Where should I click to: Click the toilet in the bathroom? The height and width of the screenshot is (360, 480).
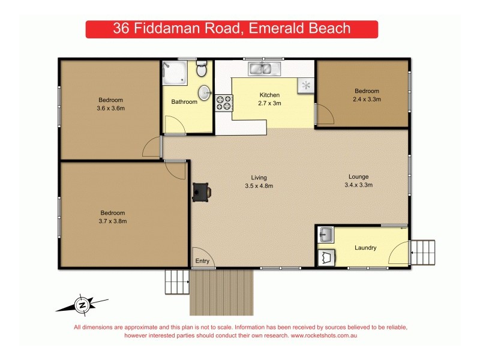(x=202, y=70)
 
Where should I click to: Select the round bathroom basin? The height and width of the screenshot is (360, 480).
(x=205, y=92)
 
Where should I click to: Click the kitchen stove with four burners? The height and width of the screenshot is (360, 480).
(x=224, y=103)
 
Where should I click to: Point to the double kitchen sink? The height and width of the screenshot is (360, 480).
(x=262, y=68)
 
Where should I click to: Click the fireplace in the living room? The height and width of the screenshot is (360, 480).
(x=200, y=192)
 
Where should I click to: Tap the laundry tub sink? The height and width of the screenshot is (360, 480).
(x=326, y=235)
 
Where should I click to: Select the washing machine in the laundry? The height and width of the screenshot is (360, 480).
(x=327, y=257)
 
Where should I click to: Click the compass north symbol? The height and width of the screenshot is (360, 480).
(x=82, y=305)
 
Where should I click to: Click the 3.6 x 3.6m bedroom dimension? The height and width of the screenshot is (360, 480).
(x=111, y=108)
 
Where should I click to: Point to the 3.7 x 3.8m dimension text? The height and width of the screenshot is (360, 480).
(x=112, y=221)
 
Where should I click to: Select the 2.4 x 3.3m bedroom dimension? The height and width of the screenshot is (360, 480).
(x=367, y=100)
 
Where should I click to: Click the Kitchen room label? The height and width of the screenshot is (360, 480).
(x=269, y=95)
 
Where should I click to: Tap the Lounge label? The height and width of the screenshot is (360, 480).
(x=358, y=177)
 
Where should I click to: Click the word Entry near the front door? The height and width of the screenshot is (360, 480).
(x=202, y=261)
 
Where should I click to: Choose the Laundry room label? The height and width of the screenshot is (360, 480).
(x=365, y=247)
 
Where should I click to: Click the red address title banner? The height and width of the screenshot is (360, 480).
(x=232, y=29)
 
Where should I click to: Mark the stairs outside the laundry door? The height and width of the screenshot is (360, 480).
(x=423, y=253)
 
